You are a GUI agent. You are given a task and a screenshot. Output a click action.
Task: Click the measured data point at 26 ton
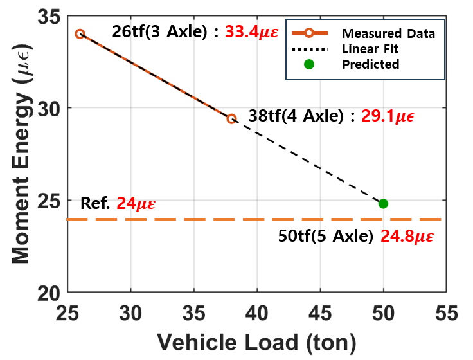pos(80,33)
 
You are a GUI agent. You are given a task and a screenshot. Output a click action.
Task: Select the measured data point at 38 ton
pos(231,118)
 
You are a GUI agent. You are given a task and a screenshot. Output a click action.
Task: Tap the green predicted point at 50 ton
pos(383,204)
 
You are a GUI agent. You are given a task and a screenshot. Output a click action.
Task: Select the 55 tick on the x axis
pos(447,314)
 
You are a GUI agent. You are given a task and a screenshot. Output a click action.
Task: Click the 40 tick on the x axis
pos(257,314)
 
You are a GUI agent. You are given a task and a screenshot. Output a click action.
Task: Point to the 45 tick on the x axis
pos(321,314)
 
